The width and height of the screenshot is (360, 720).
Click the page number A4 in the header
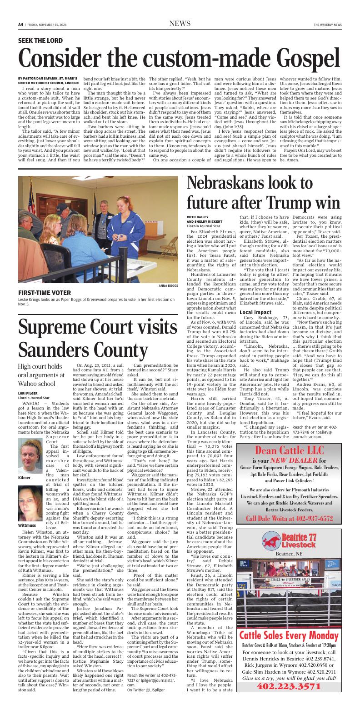coord(20,25)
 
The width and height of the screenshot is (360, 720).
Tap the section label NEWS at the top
coord(180,24)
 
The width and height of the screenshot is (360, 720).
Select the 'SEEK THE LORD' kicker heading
coord(40,41)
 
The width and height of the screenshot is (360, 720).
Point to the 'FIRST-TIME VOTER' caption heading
coord(43,293)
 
